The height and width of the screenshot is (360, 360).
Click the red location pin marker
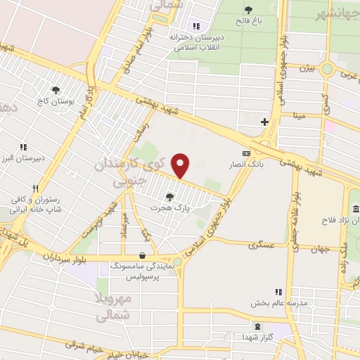181,166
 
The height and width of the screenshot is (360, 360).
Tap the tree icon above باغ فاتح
248,9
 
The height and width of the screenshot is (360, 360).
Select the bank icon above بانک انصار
245,153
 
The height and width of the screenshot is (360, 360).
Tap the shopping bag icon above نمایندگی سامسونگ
143,256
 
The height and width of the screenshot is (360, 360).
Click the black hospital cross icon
264,122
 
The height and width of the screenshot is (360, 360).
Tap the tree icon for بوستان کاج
56,89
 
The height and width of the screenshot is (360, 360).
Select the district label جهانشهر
338,15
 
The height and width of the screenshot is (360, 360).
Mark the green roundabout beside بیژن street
326,69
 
